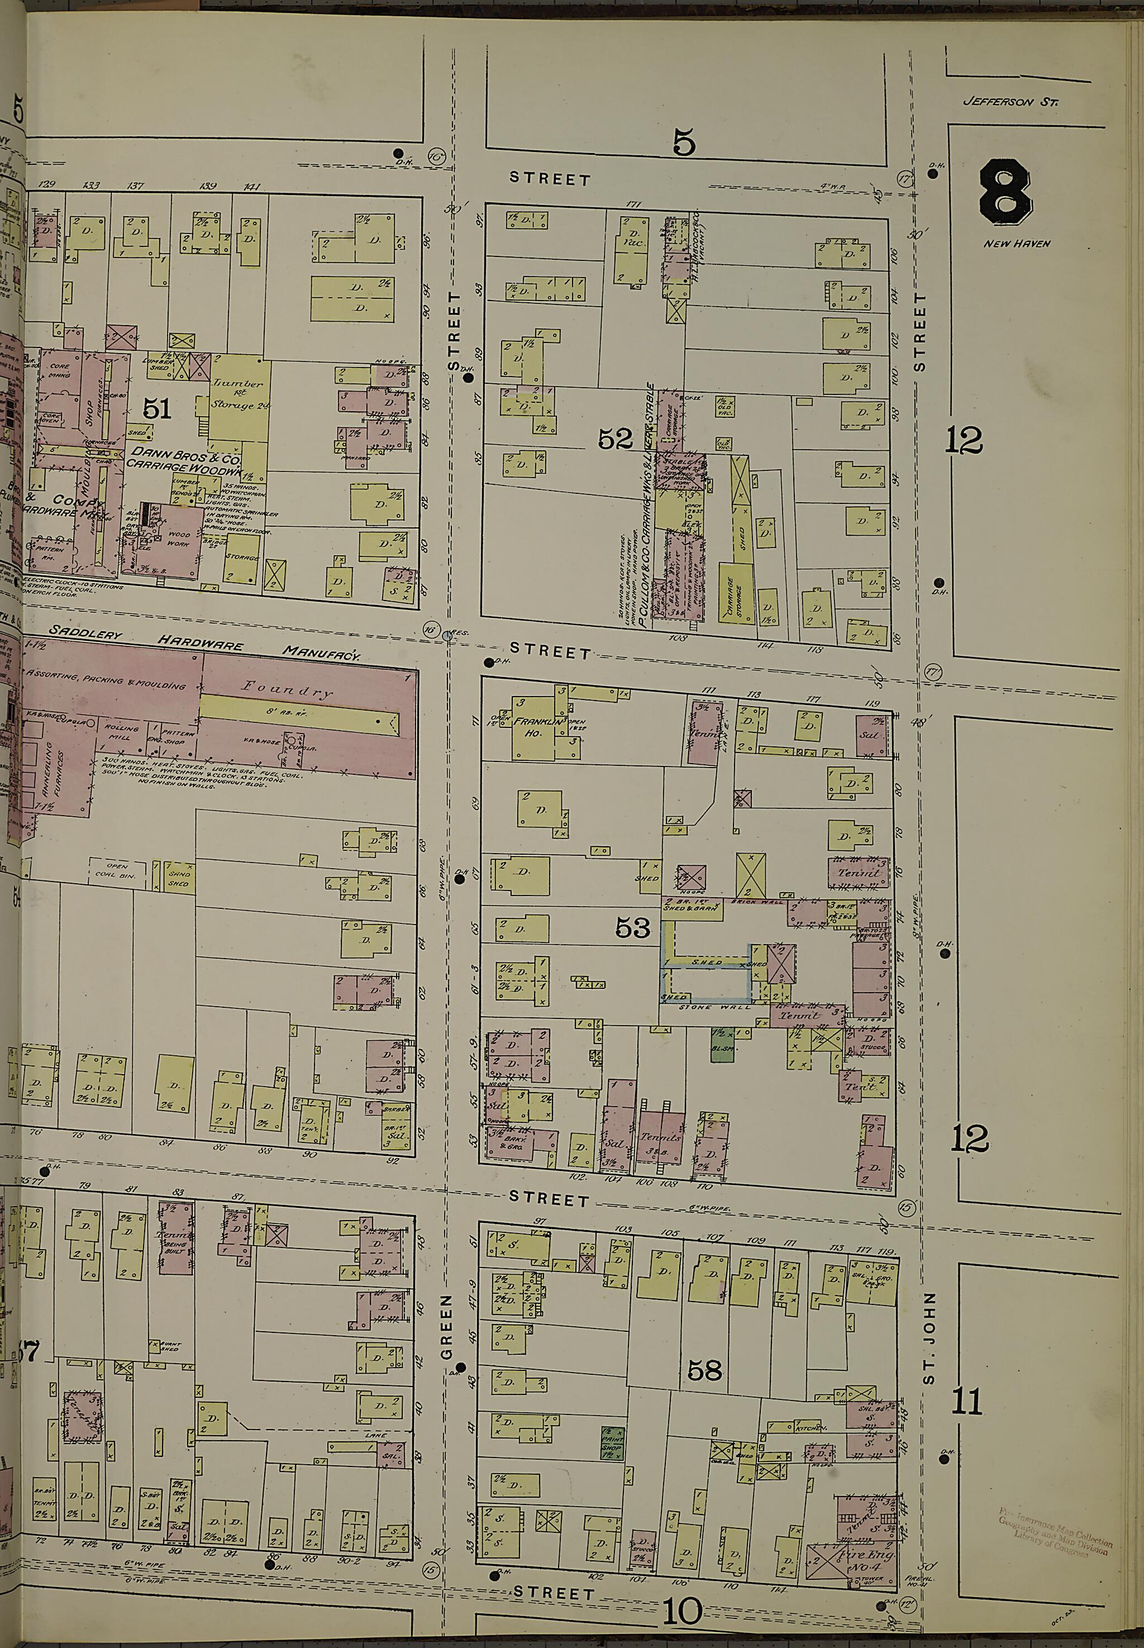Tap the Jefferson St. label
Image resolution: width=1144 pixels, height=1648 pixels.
tap(1010, 102)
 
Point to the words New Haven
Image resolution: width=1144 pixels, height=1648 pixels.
tap(1017, 244)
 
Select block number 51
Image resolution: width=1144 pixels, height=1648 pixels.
tap(157, 408)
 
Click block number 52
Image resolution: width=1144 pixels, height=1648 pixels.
tap(616, 439)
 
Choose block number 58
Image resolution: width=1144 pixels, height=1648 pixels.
tap(704, 1370)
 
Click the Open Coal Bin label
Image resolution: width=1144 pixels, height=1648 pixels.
tap(117, 869)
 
